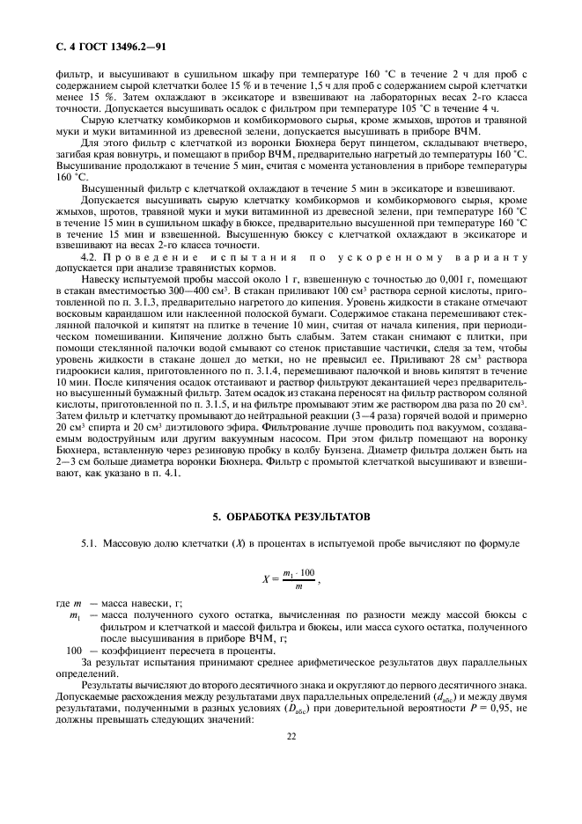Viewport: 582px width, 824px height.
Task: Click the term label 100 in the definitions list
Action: (x=75, y=649)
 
